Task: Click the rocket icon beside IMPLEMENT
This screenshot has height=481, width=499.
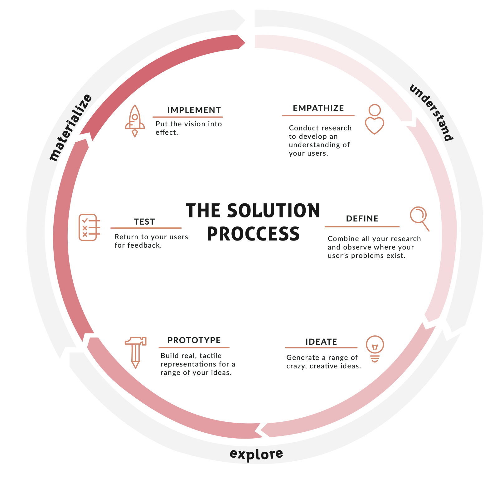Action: [x=135, y=121]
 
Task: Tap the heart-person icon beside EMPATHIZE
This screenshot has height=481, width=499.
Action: [x=374, y=119]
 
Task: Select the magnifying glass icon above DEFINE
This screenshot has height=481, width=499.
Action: [x=419, y=218]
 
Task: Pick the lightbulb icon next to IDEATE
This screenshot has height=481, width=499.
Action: [x=375, y=348]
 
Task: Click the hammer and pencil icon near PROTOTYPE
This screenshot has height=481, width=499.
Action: [x=135, y=352]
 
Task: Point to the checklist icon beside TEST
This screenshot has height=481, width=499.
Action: [x=89, y=227]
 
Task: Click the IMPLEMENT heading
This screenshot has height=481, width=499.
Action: [x=194, y=110]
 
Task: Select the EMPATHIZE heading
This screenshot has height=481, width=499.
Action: [x=318, y=108]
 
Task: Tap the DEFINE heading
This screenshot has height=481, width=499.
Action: [x=362, y=219]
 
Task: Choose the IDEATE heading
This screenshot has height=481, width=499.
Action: [x=321, y=342]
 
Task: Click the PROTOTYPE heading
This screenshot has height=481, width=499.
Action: [x=194, y=340]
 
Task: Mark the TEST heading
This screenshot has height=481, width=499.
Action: [x=144, y=222]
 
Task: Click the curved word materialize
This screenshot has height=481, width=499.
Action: [x=71, y=127]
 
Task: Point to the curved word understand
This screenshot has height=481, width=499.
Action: [x=431, y=112]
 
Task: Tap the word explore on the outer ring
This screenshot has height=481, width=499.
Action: [x=256, y=454]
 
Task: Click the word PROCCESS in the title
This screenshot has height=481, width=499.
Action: [x=253, y=234]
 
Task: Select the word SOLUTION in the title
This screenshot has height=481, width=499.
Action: [x=274, y=211]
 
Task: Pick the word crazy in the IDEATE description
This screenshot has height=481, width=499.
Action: [x=296, y=366]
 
